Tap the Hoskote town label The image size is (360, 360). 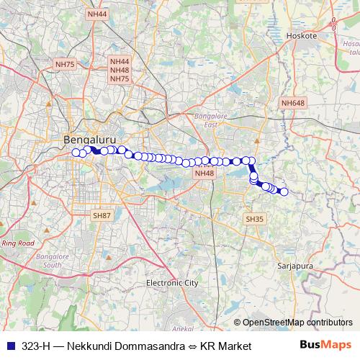(301, 35)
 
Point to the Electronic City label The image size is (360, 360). (171, 283)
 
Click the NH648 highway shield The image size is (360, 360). (293, 104)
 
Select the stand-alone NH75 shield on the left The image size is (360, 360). (65, 64)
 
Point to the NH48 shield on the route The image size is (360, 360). (204, 173)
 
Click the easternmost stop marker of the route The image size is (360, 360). (284, 192)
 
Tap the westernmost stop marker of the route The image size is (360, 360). (75, 152)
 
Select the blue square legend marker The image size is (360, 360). (9, 346)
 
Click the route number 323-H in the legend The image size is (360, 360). (35, 346)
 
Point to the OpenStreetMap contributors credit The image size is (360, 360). (297, 323)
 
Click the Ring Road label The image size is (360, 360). (18, 243)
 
